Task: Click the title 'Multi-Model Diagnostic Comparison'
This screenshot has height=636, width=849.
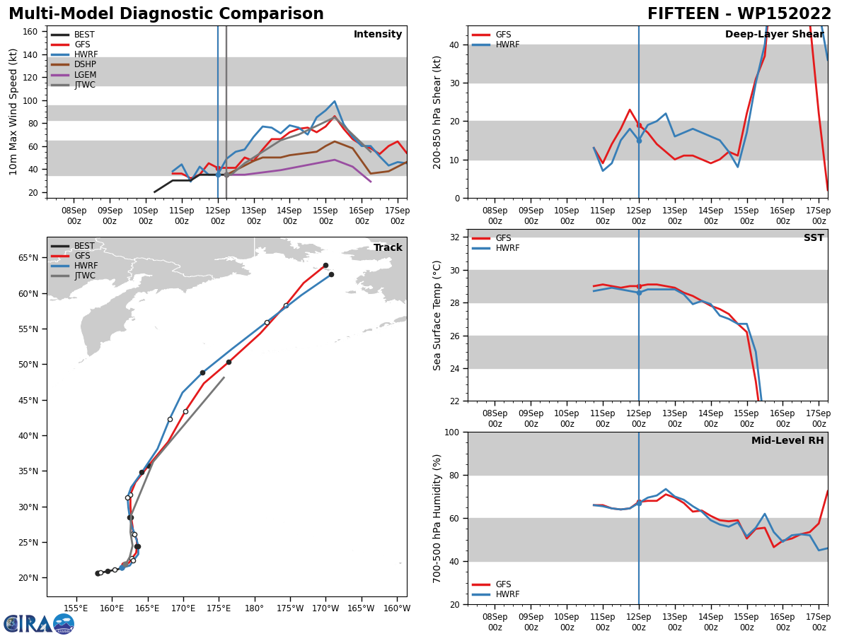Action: pos(166,14)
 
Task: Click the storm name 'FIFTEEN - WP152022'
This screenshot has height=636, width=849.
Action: pos(739,14)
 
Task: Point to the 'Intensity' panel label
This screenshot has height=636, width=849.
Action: pos(378,35)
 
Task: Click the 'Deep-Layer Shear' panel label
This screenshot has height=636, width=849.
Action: pos(774,35)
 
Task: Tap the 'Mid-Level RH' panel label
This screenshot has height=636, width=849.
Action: pos(787,441)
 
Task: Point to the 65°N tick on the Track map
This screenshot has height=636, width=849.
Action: pos(29,258)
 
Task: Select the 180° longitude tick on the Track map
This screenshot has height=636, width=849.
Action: pos(255,608)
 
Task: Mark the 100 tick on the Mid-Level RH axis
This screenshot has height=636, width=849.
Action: pos(451,432)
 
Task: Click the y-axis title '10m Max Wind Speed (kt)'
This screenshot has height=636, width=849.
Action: pos(13,112)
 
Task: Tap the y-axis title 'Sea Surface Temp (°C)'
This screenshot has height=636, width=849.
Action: pos(437,315)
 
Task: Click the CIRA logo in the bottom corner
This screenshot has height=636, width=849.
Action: pos(39,623)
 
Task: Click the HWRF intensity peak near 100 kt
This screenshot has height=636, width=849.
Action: pos(335,101)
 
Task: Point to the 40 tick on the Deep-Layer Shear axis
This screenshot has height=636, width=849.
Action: pos(454,45)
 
